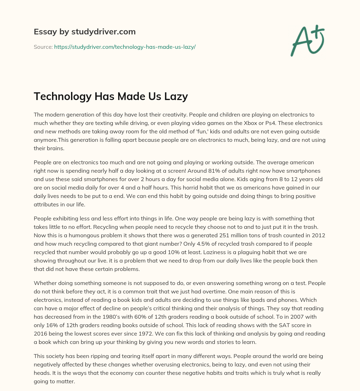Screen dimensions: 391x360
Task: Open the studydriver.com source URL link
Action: click(125, 47)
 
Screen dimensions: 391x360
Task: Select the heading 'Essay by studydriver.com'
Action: click(84, 32)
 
